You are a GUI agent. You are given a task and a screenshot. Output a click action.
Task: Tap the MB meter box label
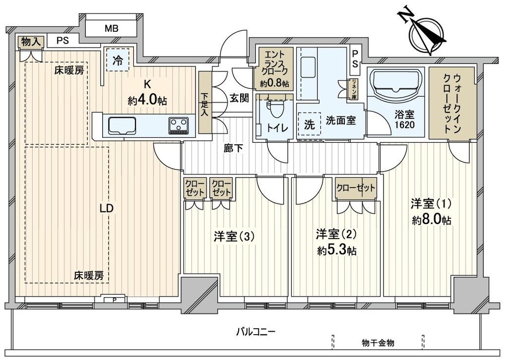[111, 28]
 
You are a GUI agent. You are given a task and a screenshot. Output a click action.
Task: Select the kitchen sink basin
[122, 125]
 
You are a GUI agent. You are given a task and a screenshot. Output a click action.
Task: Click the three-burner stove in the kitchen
[178, 125]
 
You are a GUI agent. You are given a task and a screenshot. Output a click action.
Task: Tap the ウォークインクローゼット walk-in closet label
[452, 103]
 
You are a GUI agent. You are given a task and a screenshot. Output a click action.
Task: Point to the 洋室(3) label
[234, 237]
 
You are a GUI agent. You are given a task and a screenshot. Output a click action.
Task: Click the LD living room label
[107, 208]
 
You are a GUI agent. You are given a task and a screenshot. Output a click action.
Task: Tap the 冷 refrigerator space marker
[118, 60]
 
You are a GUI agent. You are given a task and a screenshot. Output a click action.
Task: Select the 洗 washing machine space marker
[310, 124]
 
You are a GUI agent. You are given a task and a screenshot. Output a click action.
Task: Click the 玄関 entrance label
[240, 98]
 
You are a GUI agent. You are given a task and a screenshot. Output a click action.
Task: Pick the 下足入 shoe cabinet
[205, 103]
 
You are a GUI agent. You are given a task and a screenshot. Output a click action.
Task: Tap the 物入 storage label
[30, 42]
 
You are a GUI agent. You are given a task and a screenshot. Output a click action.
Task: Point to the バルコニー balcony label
[256, 332]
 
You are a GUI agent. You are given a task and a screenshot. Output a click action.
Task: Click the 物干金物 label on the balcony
[378, 343]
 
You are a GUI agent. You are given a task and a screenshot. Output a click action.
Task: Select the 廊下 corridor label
[233, 148]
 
